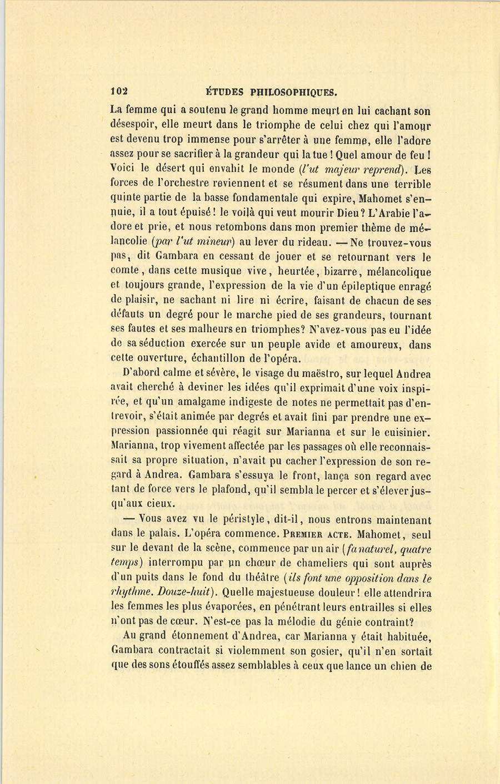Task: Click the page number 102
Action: click(119, 92)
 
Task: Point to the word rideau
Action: click(306, 242)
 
